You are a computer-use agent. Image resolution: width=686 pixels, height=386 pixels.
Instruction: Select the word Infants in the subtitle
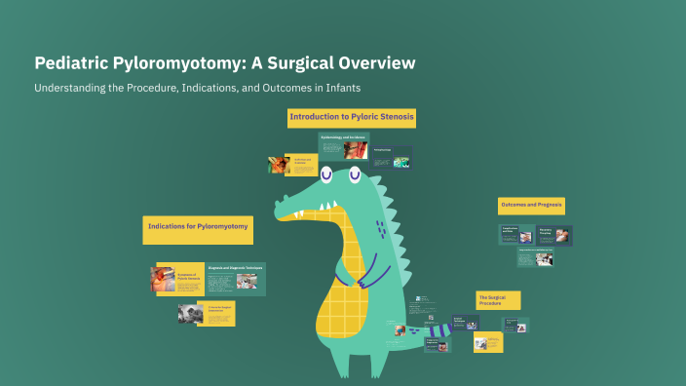[342, 88]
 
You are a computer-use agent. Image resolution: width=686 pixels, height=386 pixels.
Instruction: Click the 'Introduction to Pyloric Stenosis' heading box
[352, 117]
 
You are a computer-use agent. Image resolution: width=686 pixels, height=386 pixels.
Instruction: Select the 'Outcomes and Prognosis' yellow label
[532, 206]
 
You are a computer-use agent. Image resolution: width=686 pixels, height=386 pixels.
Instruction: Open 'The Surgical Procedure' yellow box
[498, 299]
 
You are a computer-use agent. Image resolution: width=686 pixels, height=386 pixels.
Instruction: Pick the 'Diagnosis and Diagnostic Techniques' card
[236, 279]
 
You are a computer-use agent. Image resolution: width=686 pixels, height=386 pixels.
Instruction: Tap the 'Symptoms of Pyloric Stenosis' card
[176, 280]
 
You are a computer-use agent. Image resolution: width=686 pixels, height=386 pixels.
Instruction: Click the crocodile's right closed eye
[354, 175]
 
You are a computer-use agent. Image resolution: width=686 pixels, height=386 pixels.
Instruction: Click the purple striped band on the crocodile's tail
[440, 335]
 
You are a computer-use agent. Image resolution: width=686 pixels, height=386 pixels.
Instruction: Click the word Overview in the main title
[376, 63]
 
